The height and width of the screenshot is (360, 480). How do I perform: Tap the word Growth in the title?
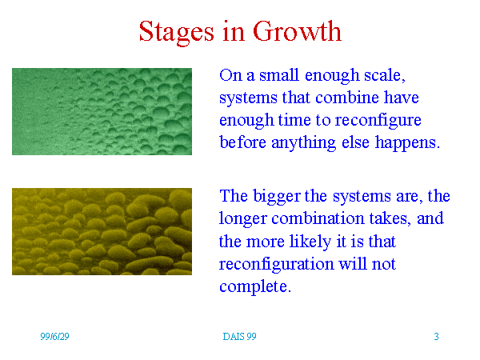pos(297,31)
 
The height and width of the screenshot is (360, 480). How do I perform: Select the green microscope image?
pos(102,111)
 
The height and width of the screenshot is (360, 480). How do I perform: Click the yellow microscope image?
pos(102,231)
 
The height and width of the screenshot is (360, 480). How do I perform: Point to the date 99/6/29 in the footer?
pos(54,337)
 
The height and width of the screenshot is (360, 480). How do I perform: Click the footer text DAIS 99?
pos(239,337)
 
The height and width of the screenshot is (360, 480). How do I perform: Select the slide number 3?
pos(436,337)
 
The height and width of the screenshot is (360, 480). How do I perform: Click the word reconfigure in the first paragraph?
pos(378,121)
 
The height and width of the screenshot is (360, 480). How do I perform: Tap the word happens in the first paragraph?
pos(407,143)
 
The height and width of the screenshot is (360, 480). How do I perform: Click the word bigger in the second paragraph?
pos(277,197)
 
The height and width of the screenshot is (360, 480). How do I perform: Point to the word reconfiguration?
pos(277,264)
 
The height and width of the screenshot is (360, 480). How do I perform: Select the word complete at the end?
pos(255,287)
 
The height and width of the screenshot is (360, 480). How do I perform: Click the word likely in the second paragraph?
pos(310,242)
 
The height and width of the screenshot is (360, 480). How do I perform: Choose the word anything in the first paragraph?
pos(303,143)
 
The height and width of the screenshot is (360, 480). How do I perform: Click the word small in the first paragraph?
pos(279,75)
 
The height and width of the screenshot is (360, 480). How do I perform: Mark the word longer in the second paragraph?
pos(243,219)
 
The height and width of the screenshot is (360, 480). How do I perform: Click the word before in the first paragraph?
pos(242,142)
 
